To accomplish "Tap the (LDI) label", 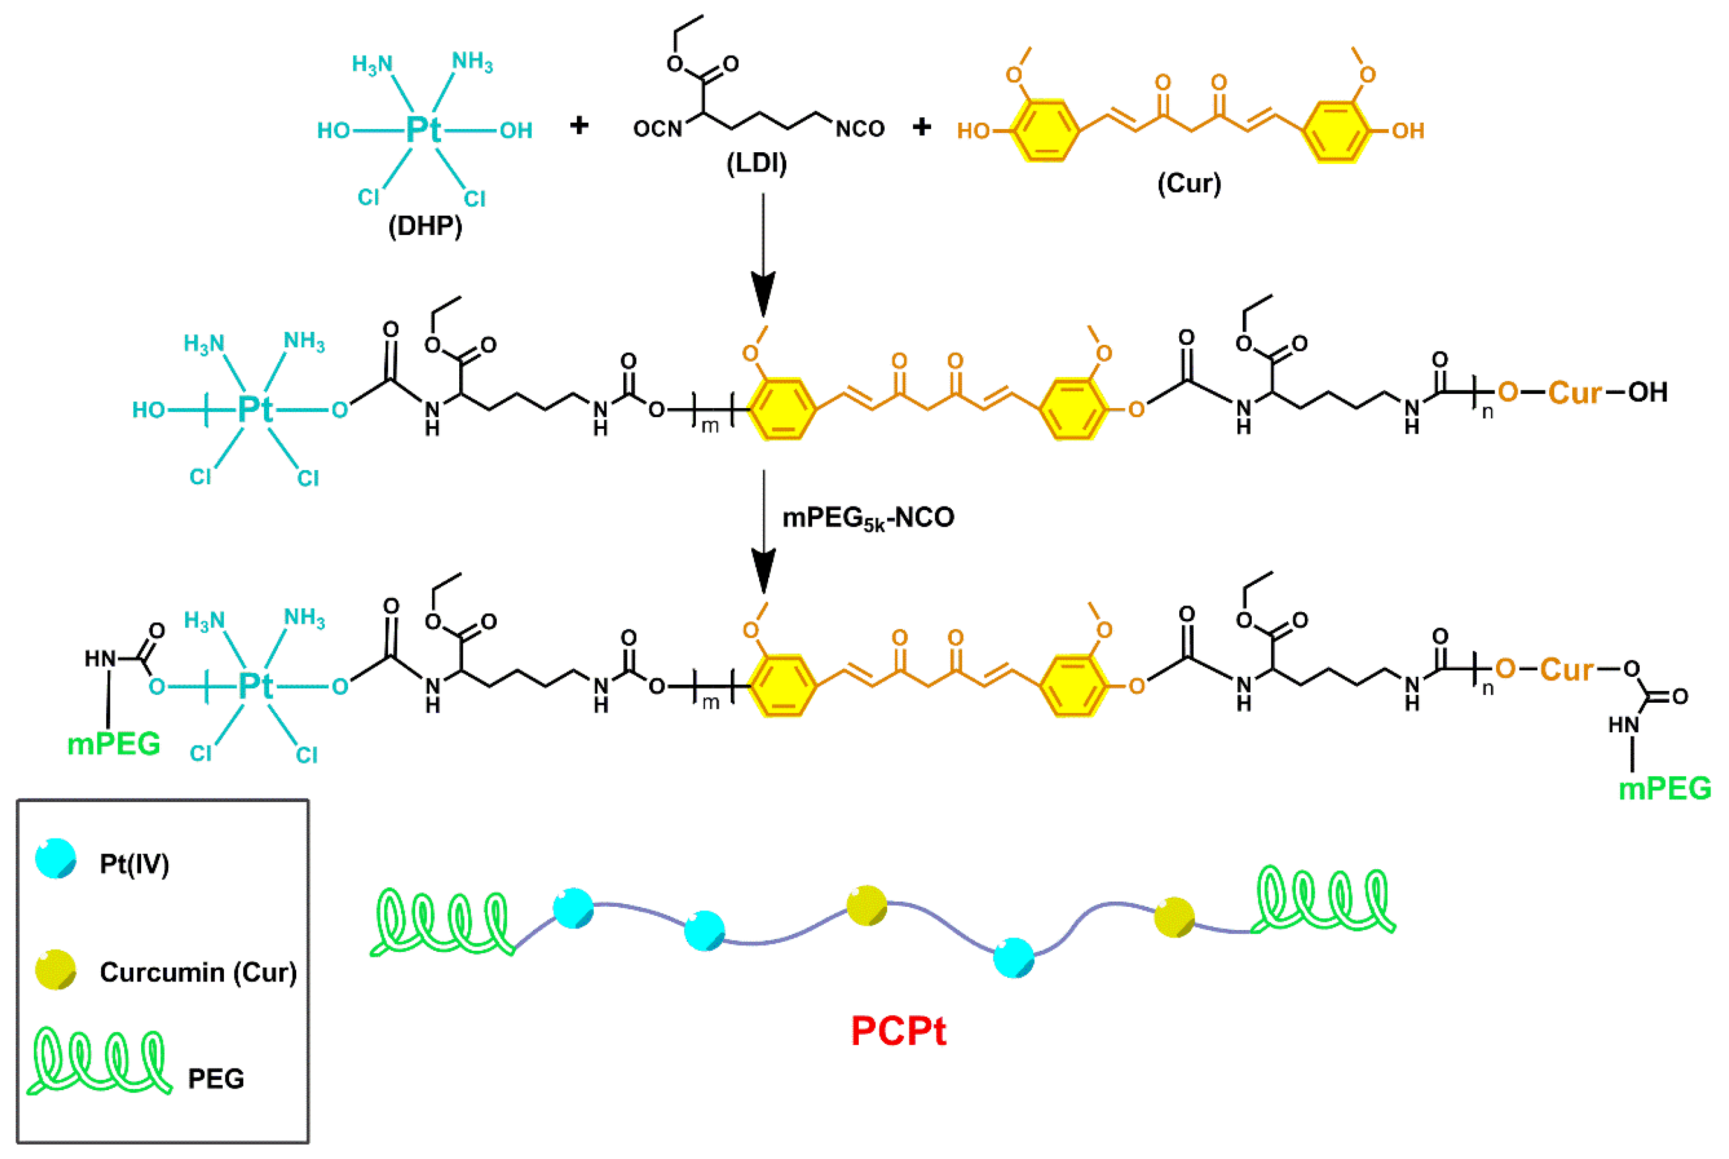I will pyautogui.click(x=757, y=163).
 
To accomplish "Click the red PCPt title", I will pyautogui.click(x=898, y=1031).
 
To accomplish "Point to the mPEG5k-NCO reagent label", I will pyautogui.click(x=868, y=518).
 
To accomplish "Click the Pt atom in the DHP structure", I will pyautogui.click(x=424, y=130).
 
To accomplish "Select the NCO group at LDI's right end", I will pyautogui.click(x=860, y=130).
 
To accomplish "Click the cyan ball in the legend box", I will pyautogui.click(x=56, y=858).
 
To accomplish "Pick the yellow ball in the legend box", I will pyautogui.click(x=56, y=969).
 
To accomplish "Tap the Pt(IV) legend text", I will pyautogui.click(x=134, y=863).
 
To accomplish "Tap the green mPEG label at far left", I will pyautogui.click(x=113, y=743).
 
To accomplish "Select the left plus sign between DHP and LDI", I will pyautogui.click(x=579, y=126).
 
